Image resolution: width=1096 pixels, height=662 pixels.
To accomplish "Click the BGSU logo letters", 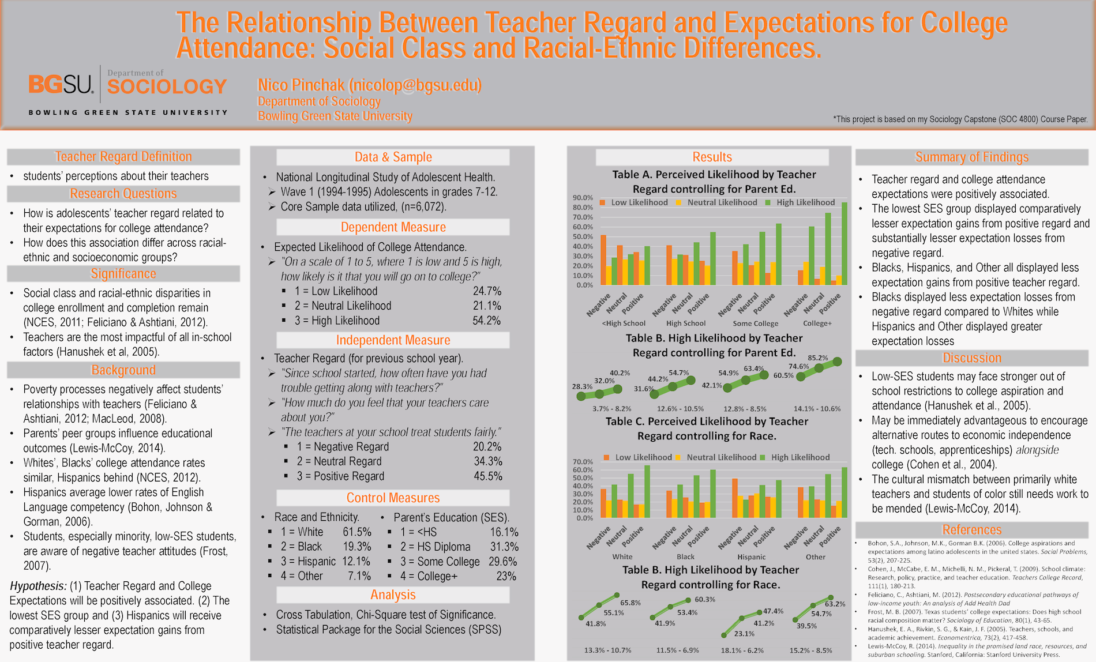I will [x=61, y=84].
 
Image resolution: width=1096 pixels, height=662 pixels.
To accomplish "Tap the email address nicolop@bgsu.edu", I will [x=414, y=85].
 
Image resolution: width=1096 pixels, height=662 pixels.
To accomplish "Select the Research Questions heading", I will [x=123, y=194].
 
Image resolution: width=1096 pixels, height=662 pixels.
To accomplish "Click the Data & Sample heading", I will [x=393, y=157].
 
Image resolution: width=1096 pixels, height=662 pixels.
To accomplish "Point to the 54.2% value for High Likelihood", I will [x=487, y=321].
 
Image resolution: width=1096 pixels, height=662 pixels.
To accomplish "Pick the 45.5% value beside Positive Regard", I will [x=487, y=476].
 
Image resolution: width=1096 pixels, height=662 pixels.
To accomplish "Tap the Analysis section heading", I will [x=393, y=595].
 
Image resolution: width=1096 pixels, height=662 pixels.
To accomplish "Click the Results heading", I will [x=712, y=157].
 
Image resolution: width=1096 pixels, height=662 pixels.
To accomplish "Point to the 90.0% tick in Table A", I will [x=583, y=198].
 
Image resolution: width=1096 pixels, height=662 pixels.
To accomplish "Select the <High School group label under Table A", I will [x=624, y=324].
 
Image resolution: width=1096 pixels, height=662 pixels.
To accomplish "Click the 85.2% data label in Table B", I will [x=818, y=358].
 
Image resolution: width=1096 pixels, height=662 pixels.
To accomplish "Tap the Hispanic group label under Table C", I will [x=752, y=557].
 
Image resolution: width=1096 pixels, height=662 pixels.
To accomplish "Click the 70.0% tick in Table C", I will [x=583, y=462].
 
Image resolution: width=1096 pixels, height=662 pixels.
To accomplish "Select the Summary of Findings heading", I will [x=971, y=157].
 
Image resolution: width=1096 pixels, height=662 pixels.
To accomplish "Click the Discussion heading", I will [x=971, y=358].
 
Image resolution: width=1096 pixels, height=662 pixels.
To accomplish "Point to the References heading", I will [x=971, y=530].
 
